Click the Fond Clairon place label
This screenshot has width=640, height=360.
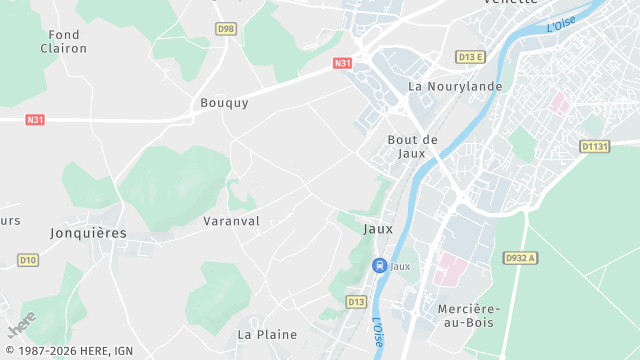click(x=64, y=41)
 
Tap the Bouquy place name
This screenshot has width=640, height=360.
click(x=224, y=102)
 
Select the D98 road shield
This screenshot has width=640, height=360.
click(x=226, y=28)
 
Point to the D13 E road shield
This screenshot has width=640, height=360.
click(x=470, y=57)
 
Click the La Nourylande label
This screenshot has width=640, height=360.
click(x=455, y=86)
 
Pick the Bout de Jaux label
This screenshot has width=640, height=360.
click(x=413, y=146)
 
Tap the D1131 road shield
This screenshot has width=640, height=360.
click(x=594, y=146)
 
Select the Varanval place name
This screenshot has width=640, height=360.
click(x=231, y=220)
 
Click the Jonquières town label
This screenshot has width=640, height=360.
click(x=88, y=232)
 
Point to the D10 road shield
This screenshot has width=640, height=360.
click(x=28, y=260)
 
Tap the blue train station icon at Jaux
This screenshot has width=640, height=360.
click(x=379, y=265)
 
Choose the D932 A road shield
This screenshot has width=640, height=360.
click(x=521, y=257)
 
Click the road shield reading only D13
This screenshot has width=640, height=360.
click(x=357, y=301)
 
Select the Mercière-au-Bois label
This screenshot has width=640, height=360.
click(x=468, y=315)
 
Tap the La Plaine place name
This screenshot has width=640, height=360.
click(x=266, y=334)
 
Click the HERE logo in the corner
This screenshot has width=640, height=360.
click(x=22, y=325)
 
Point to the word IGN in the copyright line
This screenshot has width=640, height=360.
click(x=122, y=352)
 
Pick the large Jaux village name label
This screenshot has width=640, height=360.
click(x=378, y=228)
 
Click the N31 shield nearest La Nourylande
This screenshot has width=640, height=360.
click(x=343, y=63)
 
